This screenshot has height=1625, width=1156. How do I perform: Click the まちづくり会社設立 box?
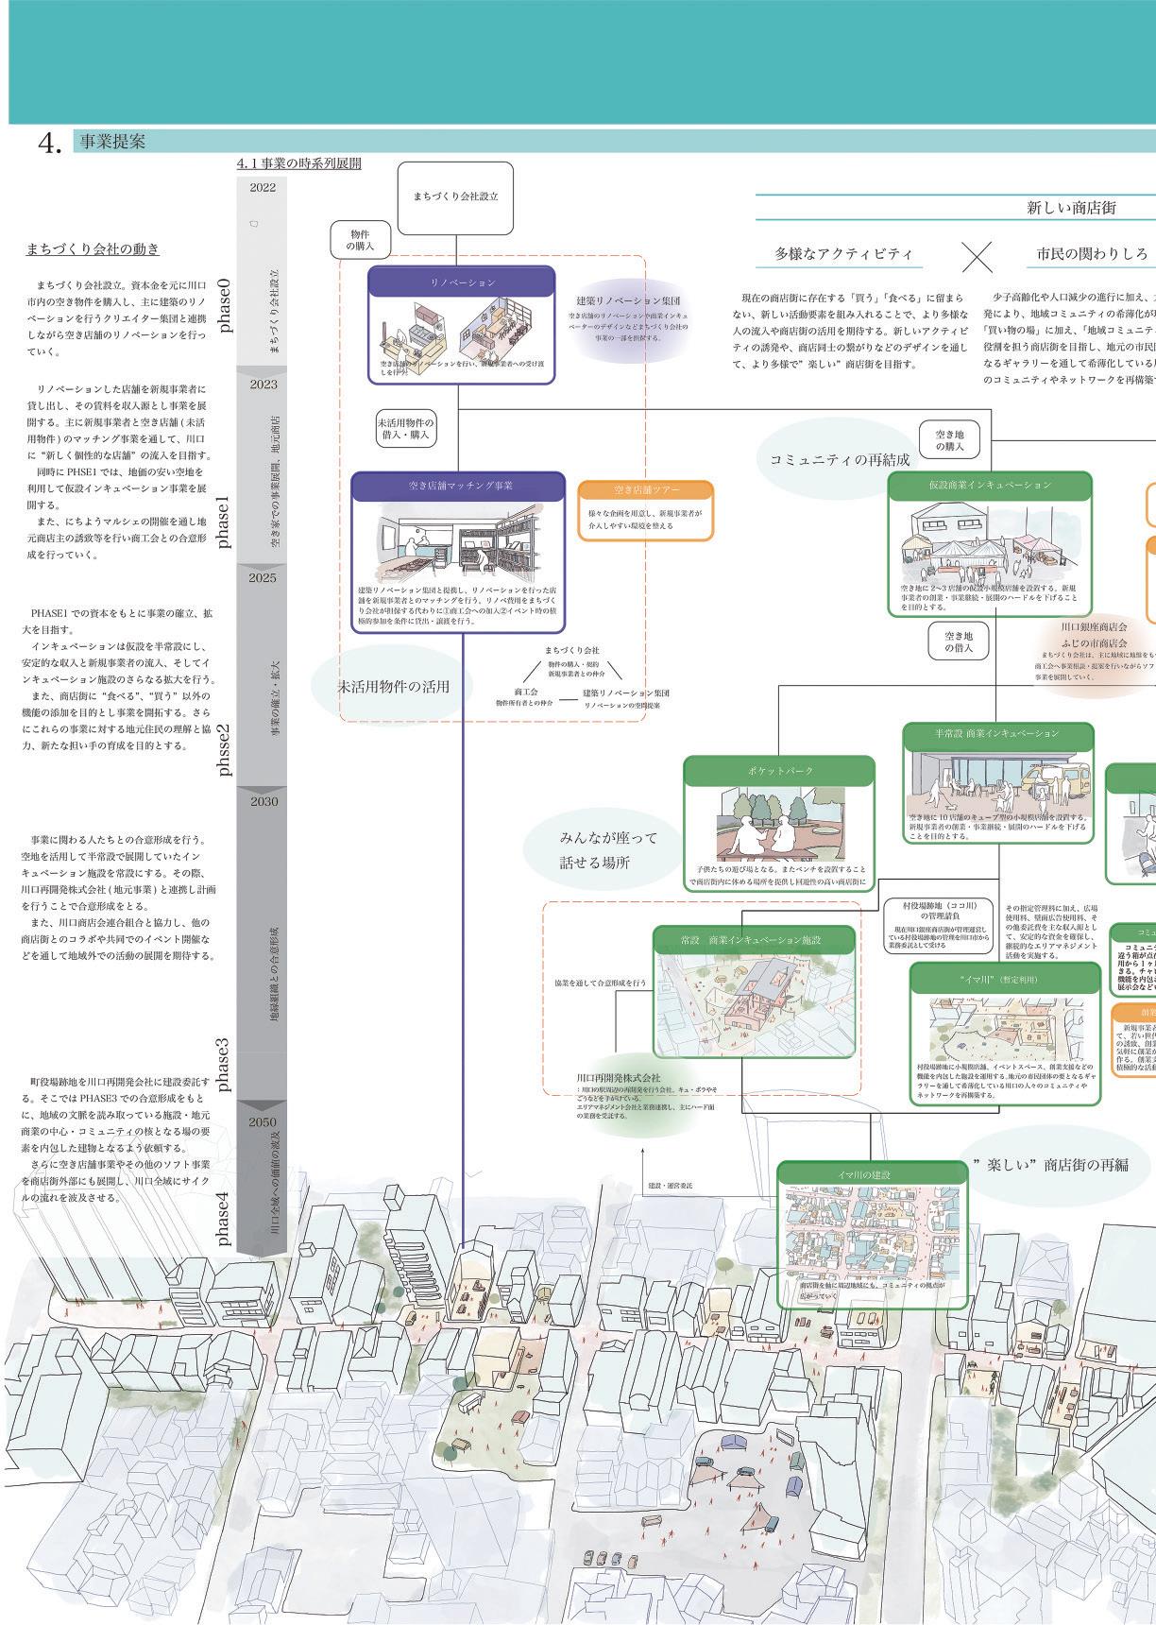pos(455,197)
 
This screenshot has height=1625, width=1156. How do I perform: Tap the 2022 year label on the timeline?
pos(263,187)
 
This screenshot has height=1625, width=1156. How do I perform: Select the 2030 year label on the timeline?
pos(263,801)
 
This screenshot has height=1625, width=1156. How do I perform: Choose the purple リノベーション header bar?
pos(462,282)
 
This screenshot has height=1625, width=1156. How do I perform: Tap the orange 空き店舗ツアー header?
pos(645,489)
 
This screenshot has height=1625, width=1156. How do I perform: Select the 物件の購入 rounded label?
pos(360,240)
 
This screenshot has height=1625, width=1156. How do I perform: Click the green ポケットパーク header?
pos(779,770)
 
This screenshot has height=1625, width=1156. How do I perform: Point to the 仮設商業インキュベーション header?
pos(989,485)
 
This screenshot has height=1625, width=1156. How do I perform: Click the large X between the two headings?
pos(977,255)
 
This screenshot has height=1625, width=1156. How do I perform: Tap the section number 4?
pos(49,142)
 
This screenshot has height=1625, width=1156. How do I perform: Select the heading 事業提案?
pos(112,142)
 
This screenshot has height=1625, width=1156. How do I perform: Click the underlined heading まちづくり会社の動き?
pos(93,249)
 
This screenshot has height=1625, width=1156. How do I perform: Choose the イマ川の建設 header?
pos(872,1174)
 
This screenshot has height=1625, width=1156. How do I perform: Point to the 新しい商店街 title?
pos(1071,207)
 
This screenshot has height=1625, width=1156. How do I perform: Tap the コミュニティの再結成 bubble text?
pos(840,460)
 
